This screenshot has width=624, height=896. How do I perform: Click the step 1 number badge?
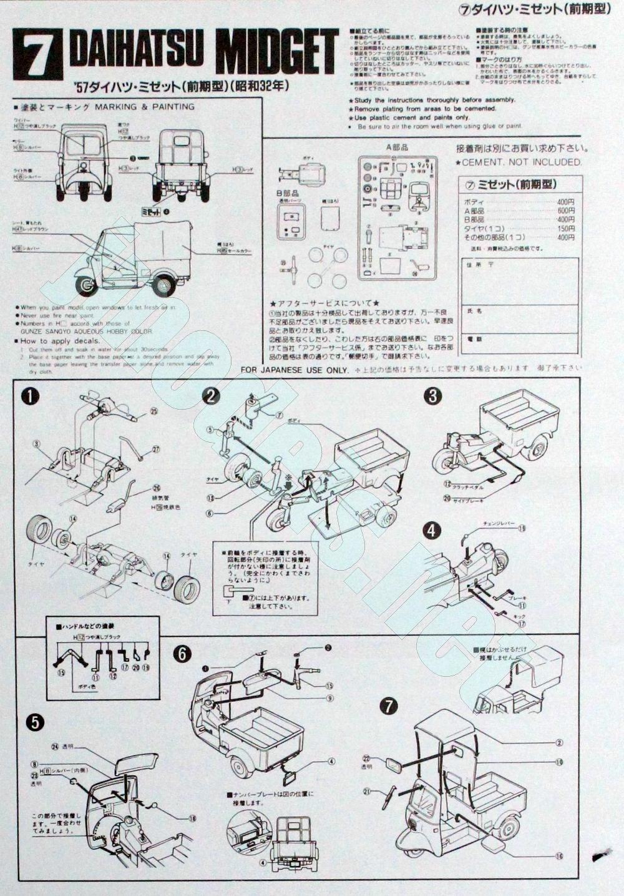coord(29,396)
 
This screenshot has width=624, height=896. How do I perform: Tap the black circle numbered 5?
coord(35,722)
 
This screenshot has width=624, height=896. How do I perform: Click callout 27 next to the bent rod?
coord(156,448)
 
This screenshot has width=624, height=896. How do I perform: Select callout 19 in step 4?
coord(522,528)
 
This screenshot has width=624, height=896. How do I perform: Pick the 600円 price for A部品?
coord(565,211)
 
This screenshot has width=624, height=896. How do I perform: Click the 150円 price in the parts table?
coord(565,229)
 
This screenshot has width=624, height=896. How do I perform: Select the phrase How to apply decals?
coord(60,341)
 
